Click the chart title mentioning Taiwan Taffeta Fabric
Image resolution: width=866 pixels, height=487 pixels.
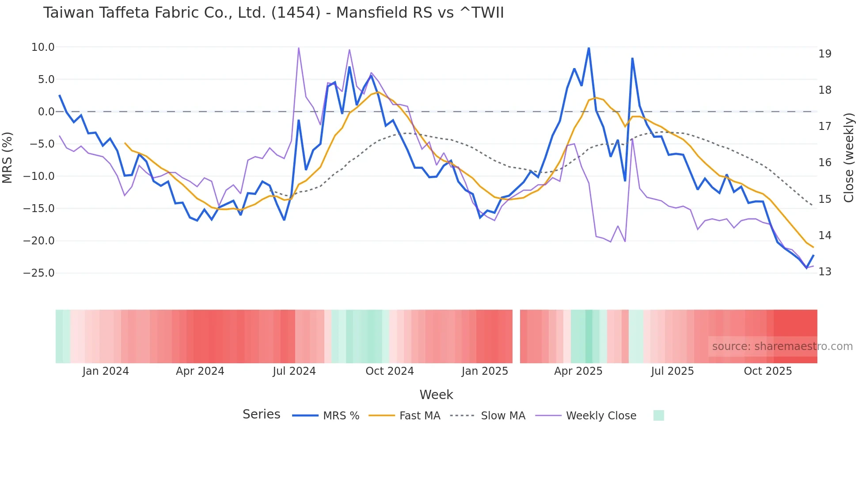[273, 13]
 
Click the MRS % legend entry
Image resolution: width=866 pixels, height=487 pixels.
[341, 416]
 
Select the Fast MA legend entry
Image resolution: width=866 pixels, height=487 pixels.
[419, 416]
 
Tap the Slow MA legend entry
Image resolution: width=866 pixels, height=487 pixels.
[503, 416]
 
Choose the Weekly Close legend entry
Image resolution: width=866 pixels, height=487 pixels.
[601, 416]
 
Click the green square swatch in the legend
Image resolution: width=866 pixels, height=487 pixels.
[658, 415]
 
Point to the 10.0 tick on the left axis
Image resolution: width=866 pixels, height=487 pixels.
[43, 47]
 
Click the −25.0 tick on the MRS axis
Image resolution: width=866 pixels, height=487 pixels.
[39, 273]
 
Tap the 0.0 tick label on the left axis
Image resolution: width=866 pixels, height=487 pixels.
[46, 112]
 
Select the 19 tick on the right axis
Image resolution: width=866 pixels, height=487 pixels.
[825, 54]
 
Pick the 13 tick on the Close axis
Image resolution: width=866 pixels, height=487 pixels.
[825, 272]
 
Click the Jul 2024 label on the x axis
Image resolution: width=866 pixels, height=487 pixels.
[294, 371]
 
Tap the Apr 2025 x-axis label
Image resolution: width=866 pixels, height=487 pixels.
[578, 371]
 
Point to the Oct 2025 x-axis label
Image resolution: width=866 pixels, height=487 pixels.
[767, 371]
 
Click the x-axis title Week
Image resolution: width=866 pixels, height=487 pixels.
[436, 395]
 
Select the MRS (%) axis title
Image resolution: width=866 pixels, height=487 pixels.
[8, 157]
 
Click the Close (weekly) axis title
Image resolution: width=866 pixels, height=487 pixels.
[849, 157]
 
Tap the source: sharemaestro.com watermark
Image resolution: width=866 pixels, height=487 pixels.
[782, 346]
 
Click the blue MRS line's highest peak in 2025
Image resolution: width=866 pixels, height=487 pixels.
[589, 48]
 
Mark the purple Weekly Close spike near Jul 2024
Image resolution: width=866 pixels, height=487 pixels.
[299, 48]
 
